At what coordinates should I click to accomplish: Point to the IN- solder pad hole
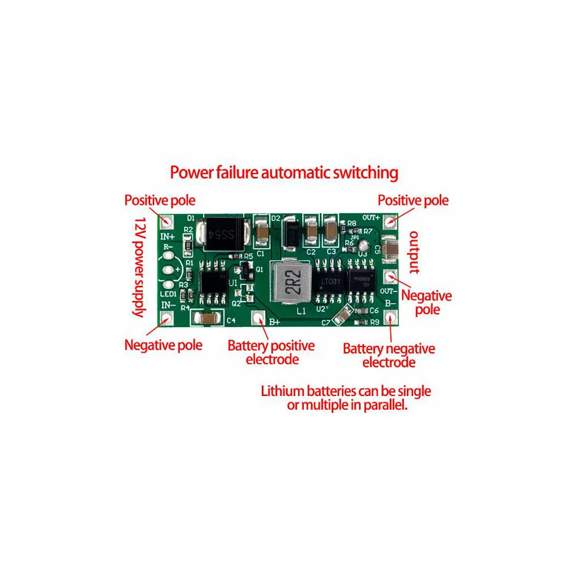(166, 319)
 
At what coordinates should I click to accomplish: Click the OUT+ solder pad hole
(390, 220)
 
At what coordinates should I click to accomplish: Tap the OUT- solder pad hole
(390, 277)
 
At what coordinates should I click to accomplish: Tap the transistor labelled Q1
(246, 266)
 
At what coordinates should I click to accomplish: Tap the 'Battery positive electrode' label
(271, 352)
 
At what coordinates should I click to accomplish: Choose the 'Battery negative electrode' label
(389, 356)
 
